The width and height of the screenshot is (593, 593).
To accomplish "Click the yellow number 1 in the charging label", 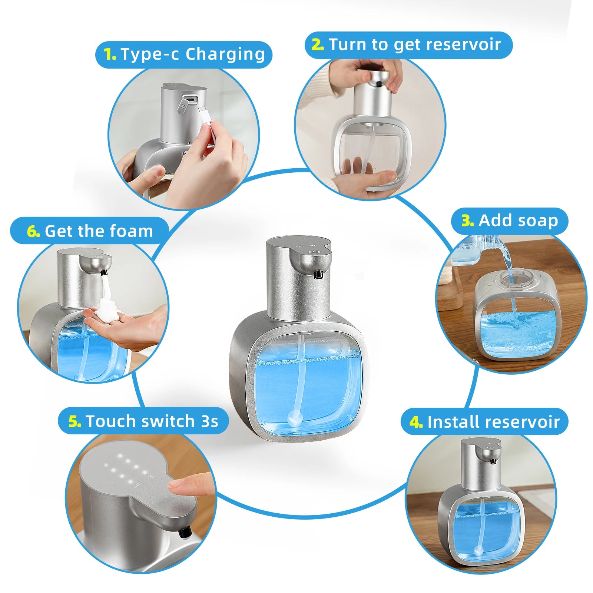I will [x=110, y=54].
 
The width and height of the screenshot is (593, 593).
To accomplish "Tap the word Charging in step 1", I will [x=225, y=54].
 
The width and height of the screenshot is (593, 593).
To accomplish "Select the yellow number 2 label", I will [x=317, y=45].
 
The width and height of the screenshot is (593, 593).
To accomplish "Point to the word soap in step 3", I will [x=537, y=221].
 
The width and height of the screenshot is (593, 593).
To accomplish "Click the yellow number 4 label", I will [x=416, y=422].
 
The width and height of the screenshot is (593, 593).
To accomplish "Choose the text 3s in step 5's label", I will [x=209, y=421].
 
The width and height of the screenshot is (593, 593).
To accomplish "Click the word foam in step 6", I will [x=134, y=231].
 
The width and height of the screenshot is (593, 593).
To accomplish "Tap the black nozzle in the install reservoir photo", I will [x=493, y=461].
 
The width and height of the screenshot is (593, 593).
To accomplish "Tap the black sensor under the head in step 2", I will [x=379, y=84].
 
